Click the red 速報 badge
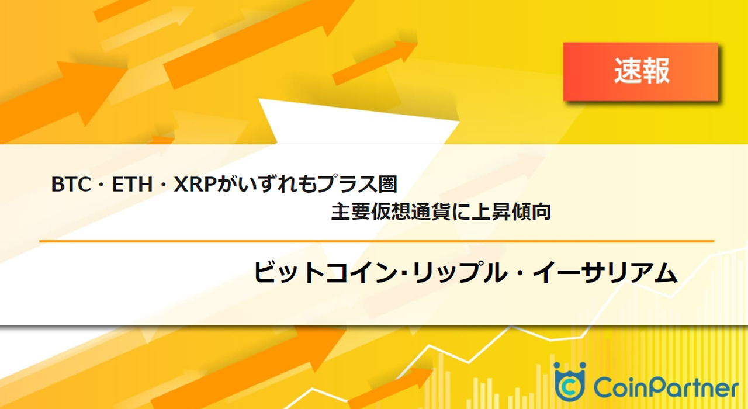click(640, 71)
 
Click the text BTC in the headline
click(69, 185)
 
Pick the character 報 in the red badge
click(656, 71)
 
